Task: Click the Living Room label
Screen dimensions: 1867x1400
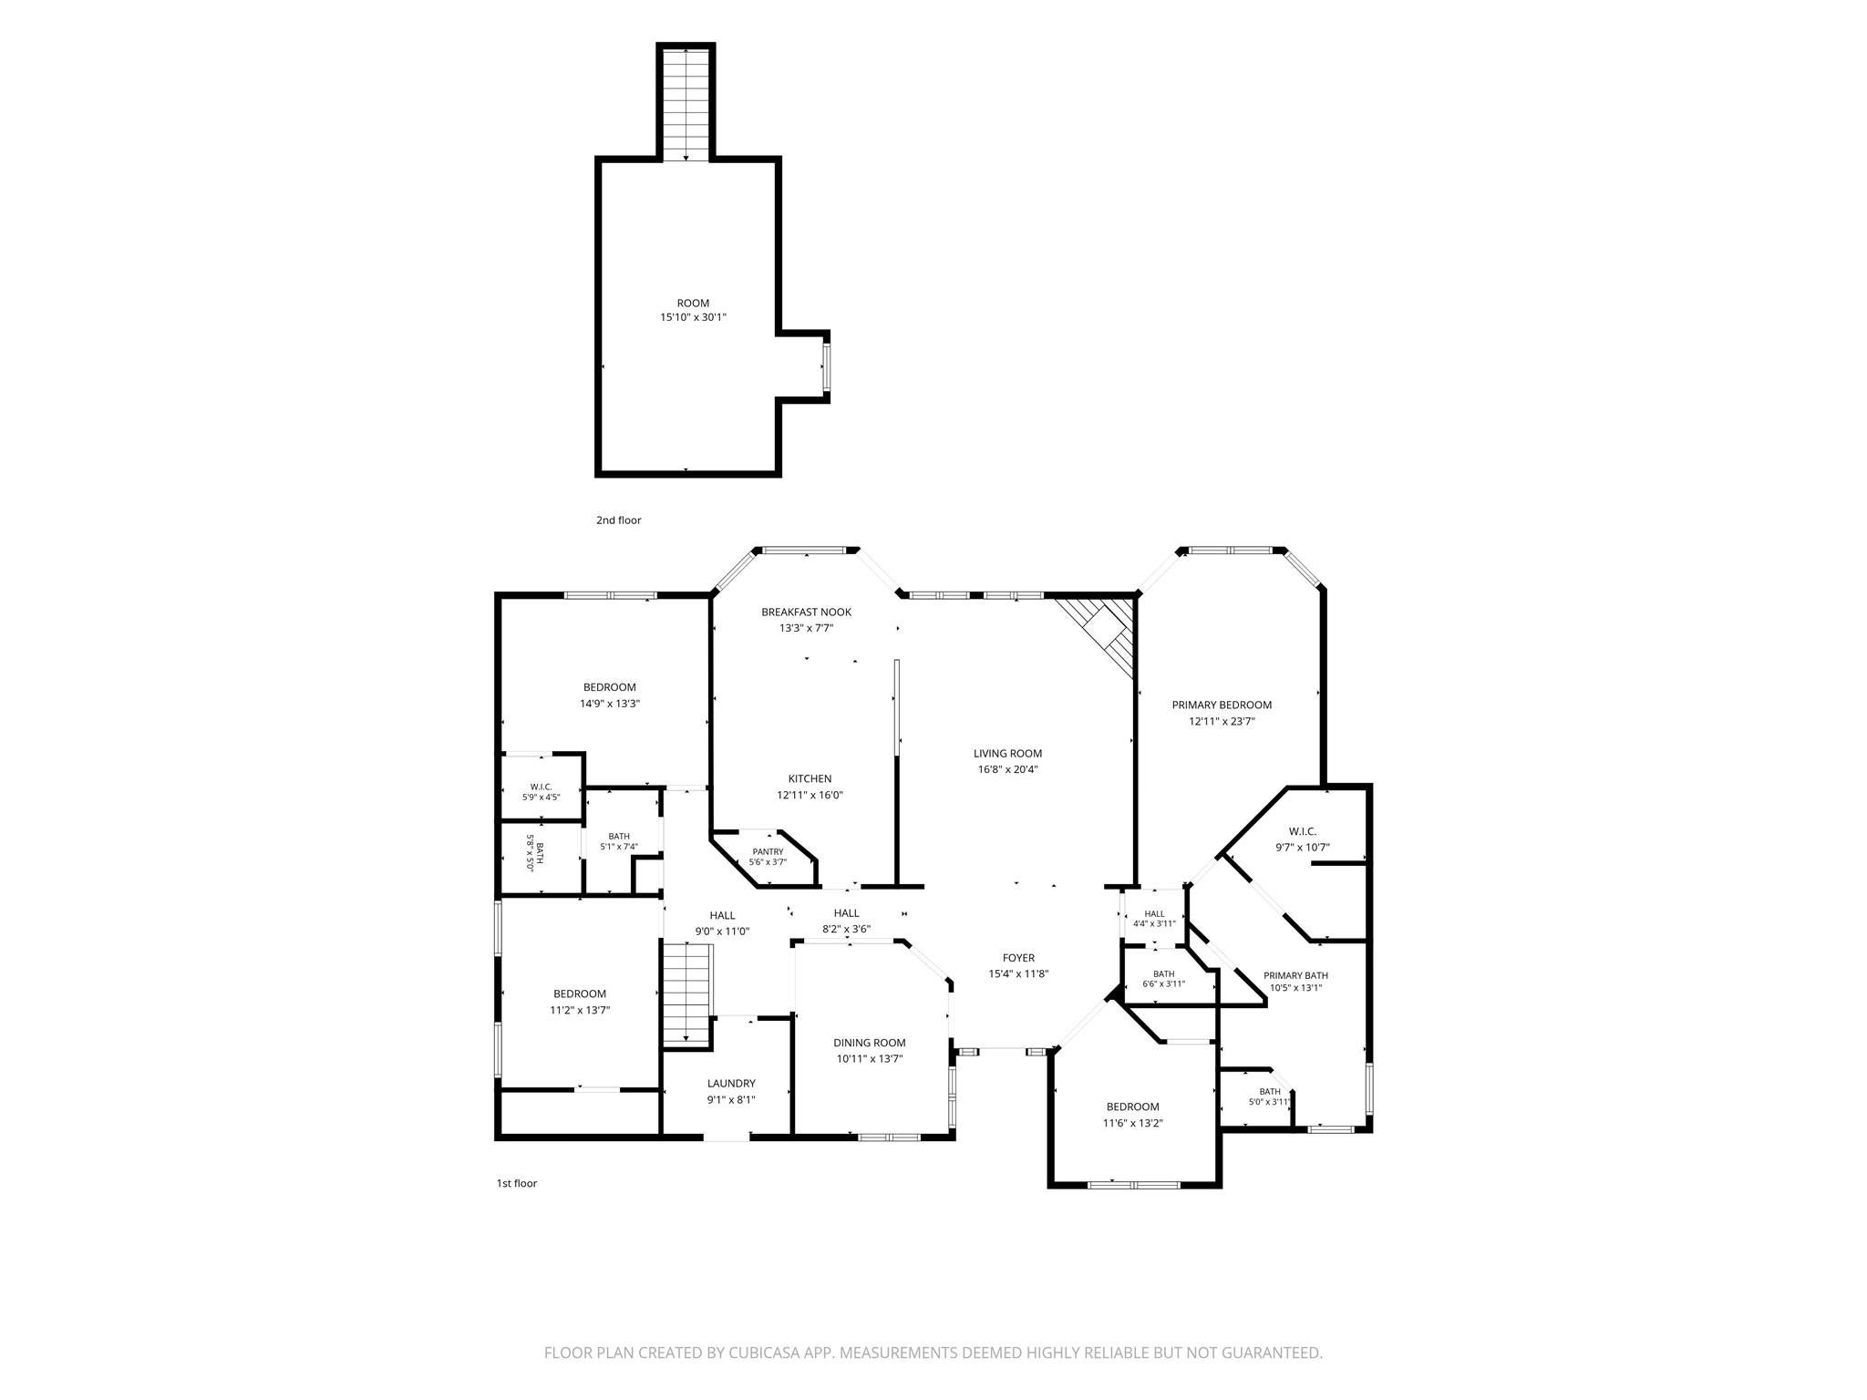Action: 1007,754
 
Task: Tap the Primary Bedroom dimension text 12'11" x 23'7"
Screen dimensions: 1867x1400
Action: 1222,721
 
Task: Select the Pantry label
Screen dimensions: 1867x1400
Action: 768,851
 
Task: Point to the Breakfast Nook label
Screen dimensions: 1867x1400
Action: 806,612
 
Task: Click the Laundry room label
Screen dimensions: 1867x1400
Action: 731,1084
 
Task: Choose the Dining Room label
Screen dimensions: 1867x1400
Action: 870,1043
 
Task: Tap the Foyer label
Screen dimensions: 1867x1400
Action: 1018,958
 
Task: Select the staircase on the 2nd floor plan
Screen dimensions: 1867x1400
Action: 686,105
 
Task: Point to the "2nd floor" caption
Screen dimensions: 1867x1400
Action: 619,520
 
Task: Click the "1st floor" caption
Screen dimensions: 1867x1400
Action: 517,1183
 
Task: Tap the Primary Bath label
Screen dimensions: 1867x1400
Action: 1295,975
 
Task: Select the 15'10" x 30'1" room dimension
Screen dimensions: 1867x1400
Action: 694,318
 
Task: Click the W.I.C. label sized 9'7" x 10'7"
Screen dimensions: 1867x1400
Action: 1303,831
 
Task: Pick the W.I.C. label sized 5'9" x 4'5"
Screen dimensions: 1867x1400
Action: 542,787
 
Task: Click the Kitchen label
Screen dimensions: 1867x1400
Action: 810,778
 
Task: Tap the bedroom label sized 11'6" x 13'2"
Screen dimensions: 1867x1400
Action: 1133,1107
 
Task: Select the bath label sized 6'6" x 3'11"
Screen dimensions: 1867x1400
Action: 1164,974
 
